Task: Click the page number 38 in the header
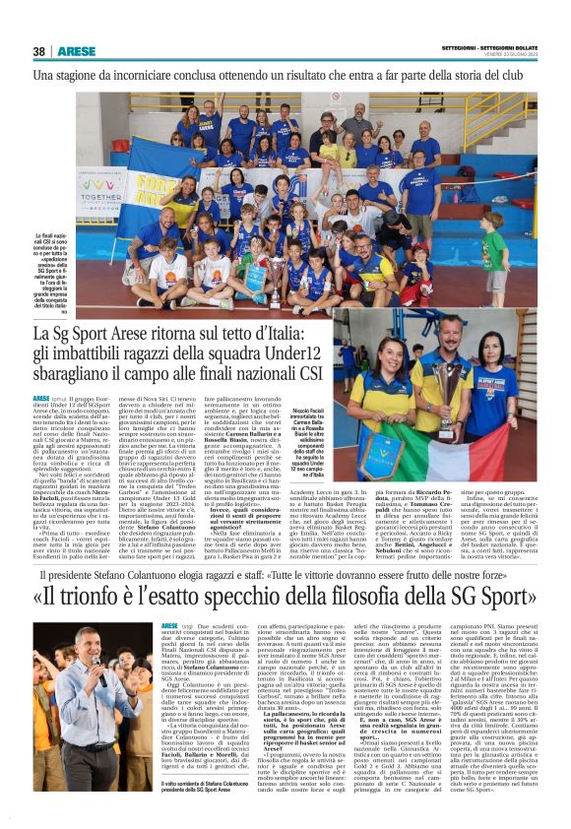[x=38, y=51]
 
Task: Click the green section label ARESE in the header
[x=76, y=51]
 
